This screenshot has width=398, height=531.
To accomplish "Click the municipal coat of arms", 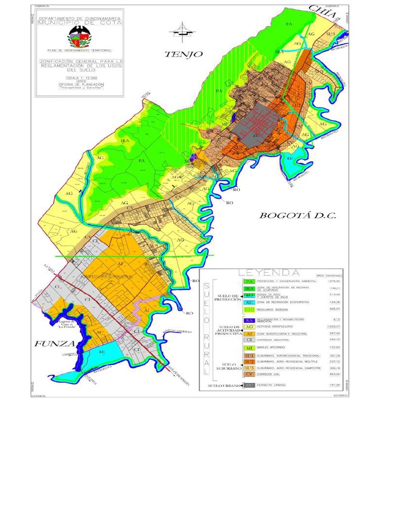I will click(x=79, y=37).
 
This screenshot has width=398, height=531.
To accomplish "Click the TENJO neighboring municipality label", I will click(x=183, y=54).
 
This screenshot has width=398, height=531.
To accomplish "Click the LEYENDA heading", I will click(x=268, y=273).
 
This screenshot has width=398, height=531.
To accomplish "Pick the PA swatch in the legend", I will click(x=249, y=282).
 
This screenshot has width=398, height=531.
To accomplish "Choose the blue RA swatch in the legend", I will click(x=249, y=320).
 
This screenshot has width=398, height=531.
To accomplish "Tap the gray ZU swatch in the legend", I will click(x=249, y=385).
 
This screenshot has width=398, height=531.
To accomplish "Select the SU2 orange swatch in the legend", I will click(x=249, y=361).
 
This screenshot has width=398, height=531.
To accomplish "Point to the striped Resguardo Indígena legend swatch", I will click(x=249, y=309).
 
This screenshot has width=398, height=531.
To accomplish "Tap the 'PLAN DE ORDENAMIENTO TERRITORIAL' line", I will click(x=79, y=50).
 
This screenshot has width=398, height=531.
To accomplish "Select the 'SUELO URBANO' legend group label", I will click(x=225, y=386).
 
